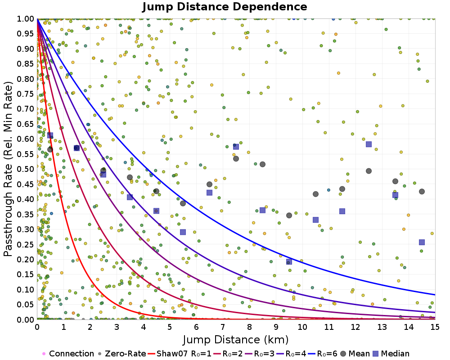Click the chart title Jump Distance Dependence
click(x=225, y=7)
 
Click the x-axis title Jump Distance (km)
click(x=235, y=339)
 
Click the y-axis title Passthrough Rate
click(x=9, y=169)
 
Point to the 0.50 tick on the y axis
click(x=26, y=169)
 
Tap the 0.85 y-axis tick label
click(x=26, y=64)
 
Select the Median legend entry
click(x=393, y=354)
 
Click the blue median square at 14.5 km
click(x=422, y=242)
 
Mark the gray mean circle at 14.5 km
click(x=422, y=191)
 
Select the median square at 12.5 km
click(x=369, y=144)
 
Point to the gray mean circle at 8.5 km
click(x=262, y=164)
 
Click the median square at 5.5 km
click(x=183, y=232)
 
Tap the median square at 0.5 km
click(x=50, y=135)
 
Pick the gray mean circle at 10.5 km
click(x=315, y=194)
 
